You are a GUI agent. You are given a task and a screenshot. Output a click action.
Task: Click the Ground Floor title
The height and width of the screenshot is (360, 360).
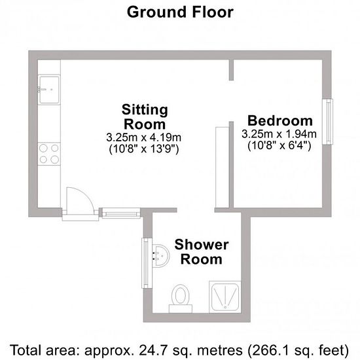[180, 12]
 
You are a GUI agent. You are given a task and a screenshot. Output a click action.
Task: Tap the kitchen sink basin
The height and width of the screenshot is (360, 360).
[49, 90]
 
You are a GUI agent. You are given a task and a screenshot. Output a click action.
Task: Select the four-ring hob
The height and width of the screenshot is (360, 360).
[49, 154]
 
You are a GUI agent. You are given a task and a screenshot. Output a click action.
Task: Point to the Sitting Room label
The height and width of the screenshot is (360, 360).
[145, 117]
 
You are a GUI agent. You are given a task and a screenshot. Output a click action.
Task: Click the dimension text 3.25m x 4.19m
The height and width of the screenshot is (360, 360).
[144, 137]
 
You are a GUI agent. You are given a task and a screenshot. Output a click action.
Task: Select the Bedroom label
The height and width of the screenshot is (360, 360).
[280, 121]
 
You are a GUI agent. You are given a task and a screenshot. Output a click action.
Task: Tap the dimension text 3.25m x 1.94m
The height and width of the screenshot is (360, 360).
[279, 134]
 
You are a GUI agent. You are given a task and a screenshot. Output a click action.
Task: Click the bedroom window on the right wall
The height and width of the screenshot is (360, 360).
[328, 122]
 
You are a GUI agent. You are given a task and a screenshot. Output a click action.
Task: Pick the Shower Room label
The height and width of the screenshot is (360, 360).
[202, 252]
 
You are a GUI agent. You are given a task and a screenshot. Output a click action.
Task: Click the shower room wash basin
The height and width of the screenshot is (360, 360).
[161, 255]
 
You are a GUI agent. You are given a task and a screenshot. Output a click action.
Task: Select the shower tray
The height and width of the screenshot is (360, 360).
[225, 297]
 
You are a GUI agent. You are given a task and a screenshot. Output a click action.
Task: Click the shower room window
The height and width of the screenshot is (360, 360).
[147, 263]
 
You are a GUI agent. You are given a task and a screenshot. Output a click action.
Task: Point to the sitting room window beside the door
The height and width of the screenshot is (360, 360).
[121, 213]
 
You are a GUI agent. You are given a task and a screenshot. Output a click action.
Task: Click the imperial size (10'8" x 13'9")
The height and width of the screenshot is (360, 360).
[144, 149]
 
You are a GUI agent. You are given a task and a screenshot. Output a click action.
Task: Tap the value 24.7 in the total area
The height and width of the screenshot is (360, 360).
[151, 350]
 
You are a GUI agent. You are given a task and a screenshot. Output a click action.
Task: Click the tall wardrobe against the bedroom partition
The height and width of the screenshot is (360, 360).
[223, 167]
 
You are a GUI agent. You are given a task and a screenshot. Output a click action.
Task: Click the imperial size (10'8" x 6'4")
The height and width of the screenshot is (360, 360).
[279, 145]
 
